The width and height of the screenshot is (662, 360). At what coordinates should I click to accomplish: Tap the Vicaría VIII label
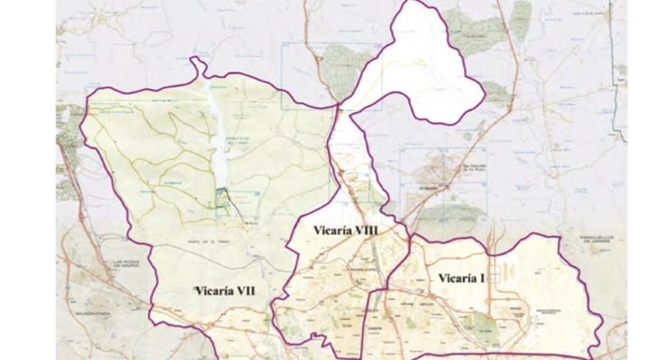pos(343,230)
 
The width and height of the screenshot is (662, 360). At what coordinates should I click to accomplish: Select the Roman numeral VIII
pos(368,230)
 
